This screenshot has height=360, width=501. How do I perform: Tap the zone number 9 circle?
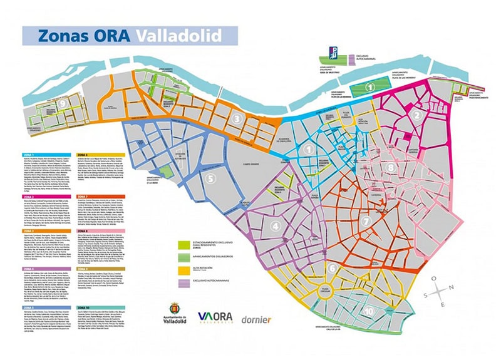(64, 103)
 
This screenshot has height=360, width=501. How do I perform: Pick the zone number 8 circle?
(391, 167)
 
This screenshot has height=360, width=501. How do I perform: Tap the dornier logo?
(257, 319)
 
